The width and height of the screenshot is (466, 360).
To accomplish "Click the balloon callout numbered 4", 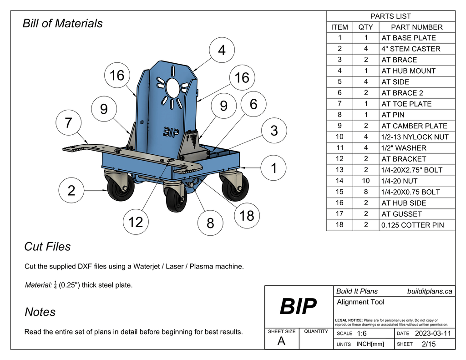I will [x=222, y=51].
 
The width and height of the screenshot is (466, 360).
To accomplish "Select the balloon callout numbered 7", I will [x=68, y=123].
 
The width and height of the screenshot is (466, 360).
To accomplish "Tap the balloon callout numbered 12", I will [x=136, y=222].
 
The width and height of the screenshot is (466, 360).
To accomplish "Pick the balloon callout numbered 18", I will [x=246, y=216].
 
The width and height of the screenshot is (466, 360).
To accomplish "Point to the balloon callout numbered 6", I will [x=253, y=104].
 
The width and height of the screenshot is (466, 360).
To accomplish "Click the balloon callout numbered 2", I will [x=71, y=191].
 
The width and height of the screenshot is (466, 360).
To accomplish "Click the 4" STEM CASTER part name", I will [x=410, y=49].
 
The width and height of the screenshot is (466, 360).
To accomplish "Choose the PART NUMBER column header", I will [x=416, y=27].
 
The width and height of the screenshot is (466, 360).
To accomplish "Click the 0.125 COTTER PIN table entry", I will [x=412, y=225].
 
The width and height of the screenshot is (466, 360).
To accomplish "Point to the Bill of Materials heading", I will [x=62, y=23].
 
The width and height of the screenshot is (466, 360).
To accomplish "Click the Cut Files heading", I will [x=47, y=247].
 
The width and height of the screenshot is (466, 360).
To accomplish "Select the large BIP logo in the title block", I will [x=298, y=306].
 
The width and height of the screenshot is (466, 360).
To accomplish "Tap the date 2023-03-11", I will [x=433, y=334].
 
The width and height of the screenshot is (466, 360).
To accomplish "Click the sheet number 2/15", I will [x=429, y=344].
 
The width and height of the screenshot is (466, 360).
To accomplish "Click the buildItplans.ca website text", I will [x=429, y=291].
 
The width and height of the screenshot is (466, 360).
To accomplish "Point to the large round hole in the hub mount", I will [x=172, y=86].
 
